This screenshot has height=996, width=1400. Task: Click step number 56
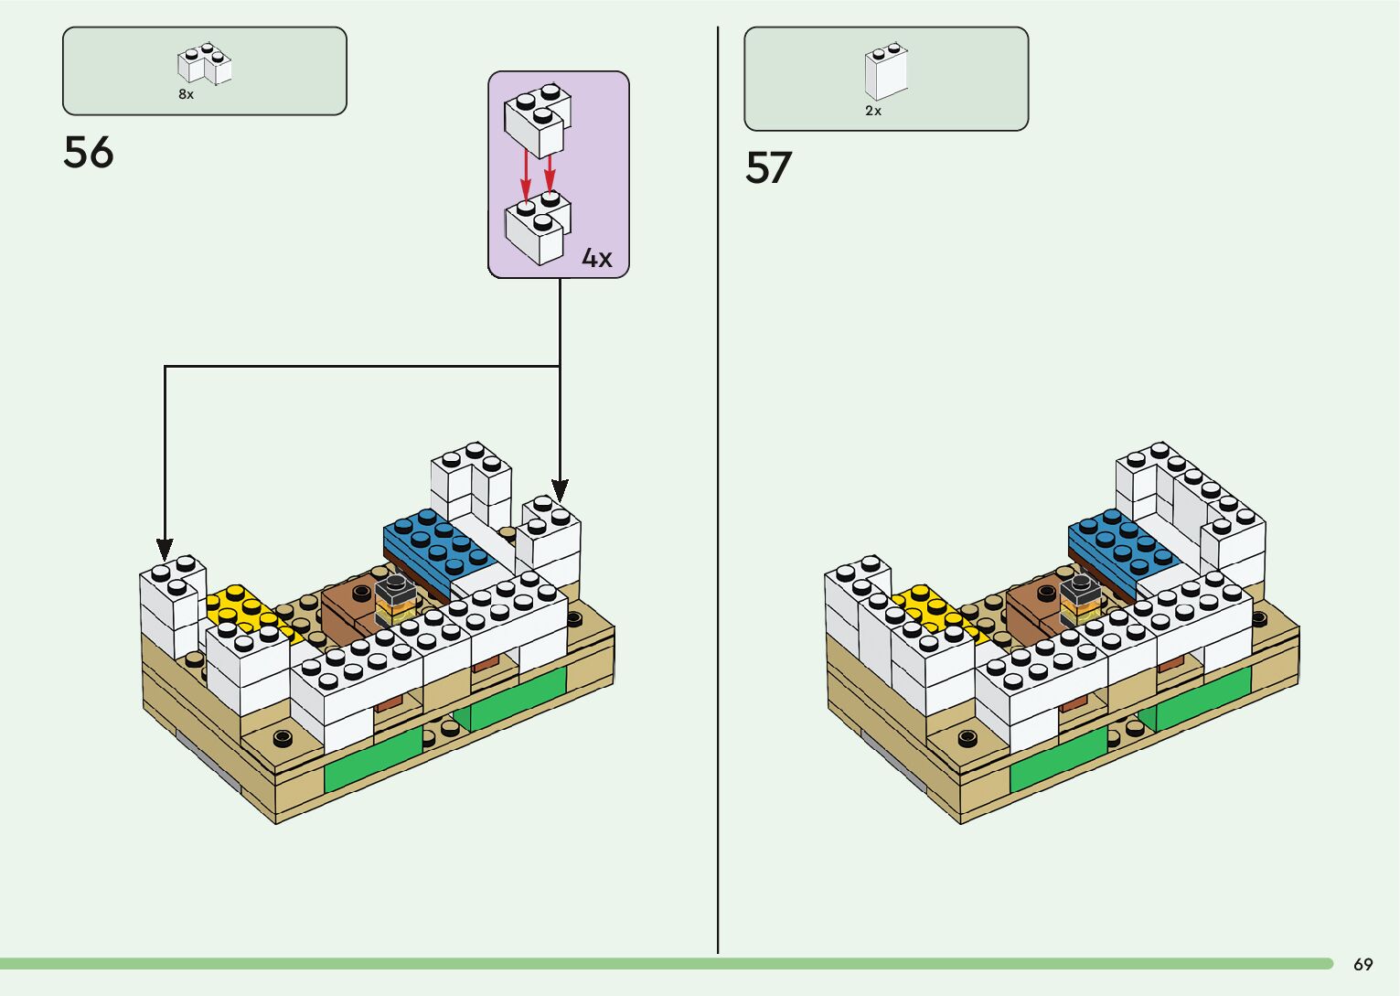(x=89, y=153)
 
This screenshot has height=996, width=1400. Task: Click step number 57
(x=768, y=168)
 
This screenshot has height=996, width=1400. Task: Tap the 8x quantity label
(x=187, y=94)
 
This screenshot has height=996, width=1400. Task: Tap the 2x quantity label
(x=873, y=111)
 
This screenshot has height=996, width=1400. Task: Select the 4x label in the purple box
(x=597, y=259)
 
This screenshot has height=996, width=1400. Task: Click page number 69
(x=1363, y=964)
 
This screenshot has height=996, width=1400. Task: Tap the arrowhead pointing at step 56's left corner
(x=165, y=550)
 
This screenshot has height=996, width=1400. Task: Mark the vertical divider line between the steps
(x=718, y=494)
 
